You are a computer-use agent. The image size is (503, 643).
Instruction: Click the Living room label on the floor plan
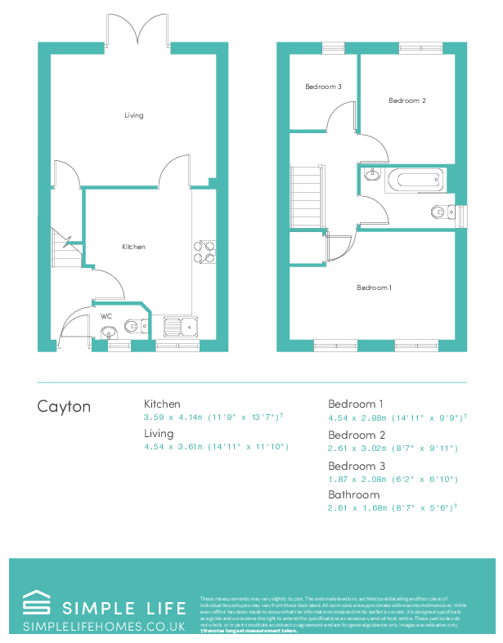coord(134,115)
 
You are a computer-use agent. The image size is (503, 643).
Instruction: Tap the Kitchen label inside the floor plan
coord(133,246)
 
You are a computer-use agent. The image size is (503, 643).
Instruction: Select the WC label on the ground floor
coord(106,315)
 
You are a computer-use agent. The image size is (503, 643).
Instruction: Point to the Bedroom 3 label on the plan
coord(323,87)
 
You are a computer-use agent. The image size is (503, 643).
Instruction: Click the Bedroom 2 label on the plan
coord(406,100)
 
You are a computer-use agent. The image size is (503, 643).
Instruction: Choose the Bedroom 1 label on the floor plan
coord(374,287)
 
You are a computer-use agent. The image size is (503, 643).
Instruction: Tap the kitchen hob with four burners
coord(204,252)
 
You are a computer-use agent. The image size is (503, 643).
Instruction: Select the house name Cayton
coord(64,406)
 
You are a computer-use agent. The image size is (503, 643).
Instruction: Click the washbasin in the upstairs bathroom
coord(372,173)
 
